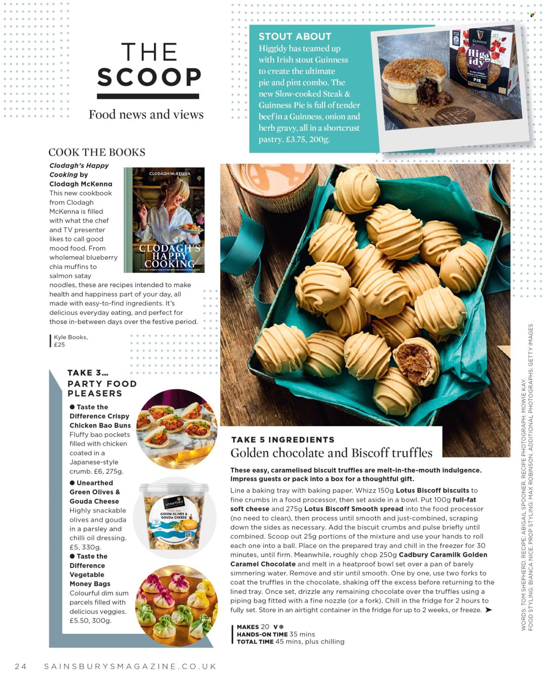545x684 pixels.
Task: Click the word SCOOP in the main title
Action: click(149, 77)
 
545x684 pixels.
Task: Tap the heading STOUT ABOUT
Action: click(295, 37)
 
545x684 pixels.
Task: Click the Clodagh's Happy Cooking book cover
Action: click(164, 220)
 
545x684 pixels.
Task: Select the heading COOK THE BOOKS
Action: click(97, 152)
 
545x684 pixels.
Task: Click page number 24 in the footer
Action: click(20, 666)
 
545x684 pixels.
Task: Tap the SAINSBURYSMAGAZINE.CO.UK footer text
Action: click(130, 666)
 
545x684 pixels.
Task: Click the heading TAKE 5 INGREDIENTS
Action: click(283, 440)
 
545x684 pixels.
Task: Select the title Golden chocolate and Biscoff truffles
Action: click(331, 453)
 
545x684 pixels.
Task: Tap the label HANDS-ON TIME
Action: click(262, 634)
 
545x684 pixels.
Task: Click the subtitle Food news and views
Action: click(146, 114)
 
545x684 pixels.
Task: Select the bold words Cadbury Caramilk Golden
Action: click(443, 555)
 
